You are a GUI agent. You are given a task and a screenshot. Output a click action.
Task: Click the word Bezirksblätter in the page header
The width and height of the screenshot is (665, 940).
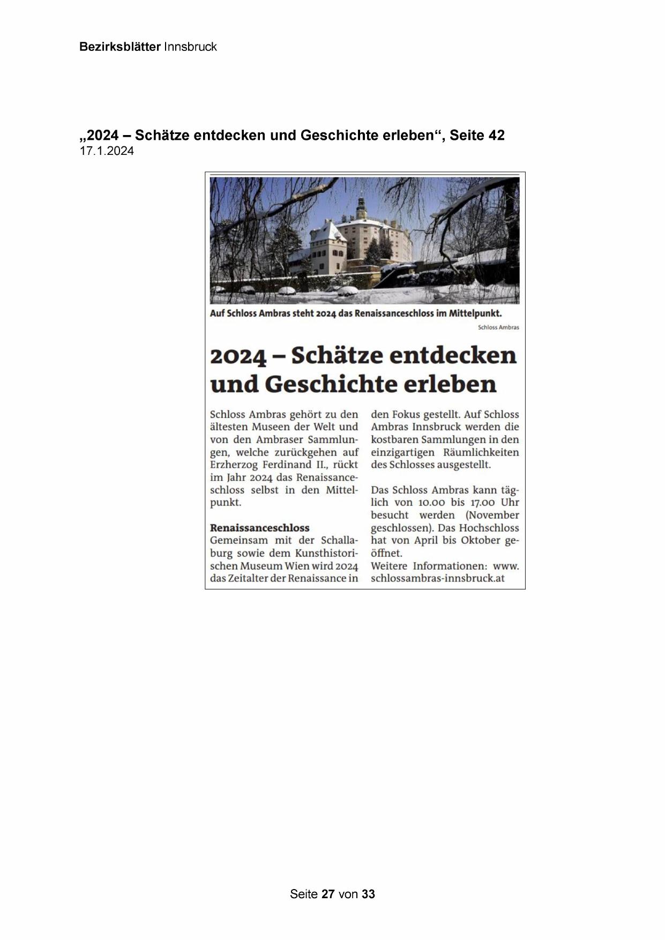click(119, 47)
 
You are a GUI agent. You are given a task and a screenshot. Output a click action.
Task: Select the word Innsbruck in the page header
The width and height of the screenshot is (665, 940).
click(190, 47)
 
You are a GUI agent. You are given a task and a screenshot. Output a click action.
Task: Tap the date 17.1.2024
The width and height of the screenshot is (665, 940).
click(107, 151)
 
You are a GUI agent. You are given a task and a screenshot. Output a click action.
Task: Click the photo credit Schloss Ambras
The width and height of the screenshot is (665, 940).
click(498, 327)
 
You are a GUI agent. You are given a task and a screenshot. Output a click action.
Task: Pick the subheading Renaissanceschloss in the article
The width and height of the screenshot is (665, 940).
click(259, 528)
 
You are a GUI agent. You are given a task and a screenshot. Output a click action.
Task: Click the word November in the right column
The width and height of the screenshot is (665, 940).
click(492, 516)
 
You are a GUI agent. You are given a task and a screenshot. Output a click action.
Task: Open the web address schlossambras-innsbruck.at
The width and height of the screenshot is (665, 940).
click(437, 579)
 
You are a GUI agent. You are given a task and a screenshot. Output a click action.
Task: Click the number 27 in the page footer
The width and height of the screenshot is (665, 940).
click(328, 894)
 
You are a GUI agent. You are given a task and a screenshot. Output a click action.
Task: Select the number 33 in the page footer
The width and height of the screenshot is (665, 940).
click(368, 894)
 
